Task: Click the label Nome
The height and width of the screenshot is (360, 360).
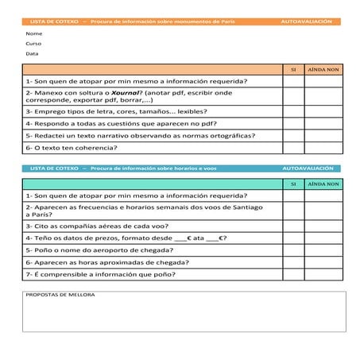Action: click(x=33, y=33)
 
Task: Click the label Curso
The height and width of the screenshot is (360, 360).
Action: click(x=33, y=44)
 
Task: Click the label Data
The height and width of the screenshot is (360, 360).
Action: click(x=32, y=54)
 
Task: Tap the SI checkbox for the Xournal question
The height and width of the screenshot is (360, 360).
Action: click(x=292, y=97)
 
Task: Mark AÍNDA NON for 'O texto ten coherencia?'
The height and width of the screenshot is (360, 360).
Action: click(x=323, y=147)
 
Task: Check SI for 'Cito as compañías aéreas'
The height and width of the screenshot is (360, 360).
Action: click(x=292, y=226)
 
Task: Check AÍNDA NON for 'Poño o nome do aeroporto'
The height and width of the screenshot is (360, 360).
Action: click(x=323, y=250)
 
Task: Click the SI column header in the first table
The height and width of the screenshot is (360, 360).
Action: click(x=292, y=69)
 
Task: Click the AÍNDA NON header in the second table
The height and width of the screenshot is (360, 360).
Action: click(x=323, y=184)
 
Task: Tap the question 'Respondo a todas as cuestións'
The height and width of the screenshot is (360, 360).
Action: click(x=109, y=123)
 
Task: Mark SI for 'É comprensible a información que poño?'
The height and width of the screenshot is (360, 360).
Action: click(x=292, y=274)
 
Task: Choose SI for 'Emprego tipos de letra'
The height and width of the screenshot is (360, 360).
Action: click(x=292, y=112)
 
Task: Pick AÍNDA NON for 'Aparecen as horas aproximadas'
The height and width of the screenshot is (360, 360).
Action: click(x=323, y=261)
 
